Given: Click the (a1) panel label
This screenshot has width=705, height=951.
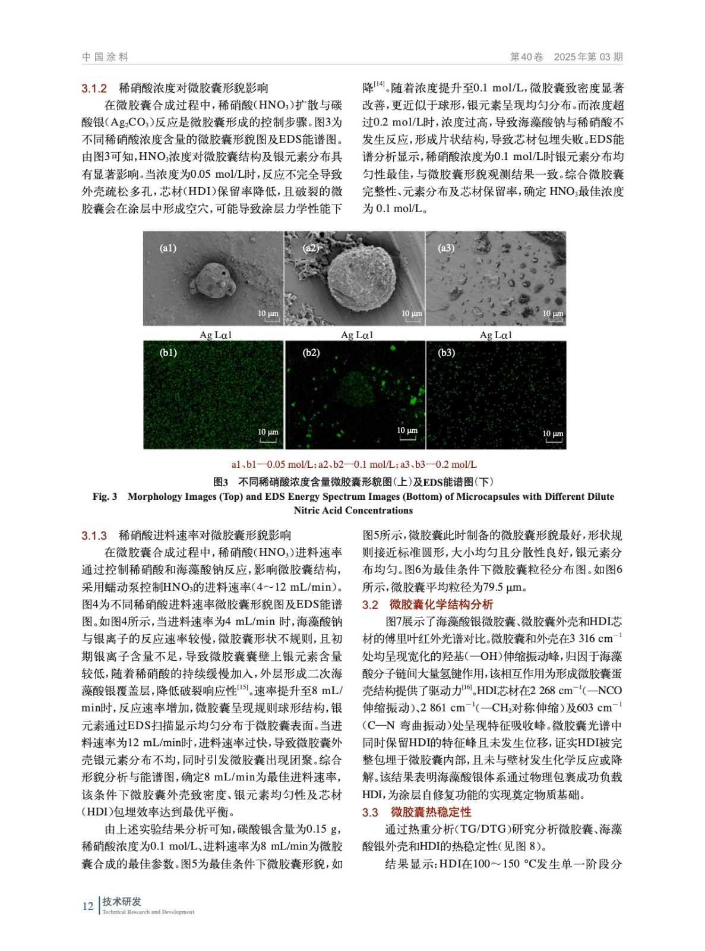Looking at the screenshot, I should (x=168, y=248).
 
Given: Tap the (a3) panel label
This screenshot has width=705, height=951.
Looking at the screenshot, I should (x=446, y=248).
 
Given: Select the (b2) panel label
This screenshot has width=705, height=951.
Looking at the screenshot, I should (x=311, y=352).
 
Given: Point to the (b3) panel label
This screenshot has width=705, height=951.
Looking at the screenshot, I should (x=446, y=352).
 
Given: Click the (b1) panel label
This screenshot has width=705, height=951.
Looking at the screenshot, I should (x=168, y=352).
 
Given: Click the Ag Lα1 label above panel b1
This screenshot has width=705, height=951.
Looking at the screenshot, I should (x=216, y=335).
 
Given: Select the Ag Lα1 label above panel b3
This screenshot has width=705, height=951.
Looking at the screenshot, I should (x=496, y=335).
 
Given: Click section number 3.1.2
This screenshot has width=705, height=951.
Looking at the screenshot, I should (x=94, y=89).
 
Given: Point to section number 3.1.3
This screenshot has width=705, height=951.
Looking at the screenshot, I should (x=94, y=536).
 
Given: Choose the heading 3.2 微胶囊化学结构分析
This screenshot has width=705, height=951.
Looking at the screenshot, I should (x=428, y=604).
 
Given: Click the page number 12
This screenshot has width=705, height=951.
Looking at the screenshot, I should (x=88, y=906).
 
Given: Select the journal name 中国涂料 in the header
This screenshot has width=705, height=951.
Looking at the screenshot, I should (x=105, y=57).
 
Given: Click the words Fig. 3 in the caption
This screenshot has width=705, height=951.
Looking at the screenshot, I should (x=105, y=497).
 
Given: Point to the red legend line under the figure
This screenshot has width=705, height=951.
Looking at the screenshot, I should (x=354, y=464).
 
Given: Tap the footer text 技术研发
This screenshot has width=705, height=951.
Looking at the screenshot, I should (x=122, y=902).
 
